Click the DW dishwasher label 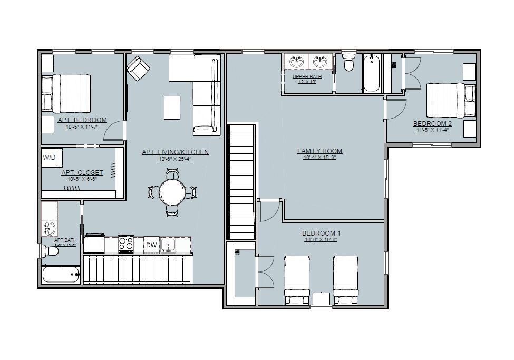pos(151,245)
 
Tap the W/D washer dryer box pos(50,157)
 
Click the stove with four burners pos(126,244)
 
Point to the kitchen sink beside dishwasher pos(168,245)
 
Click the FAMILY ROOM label pos(319,151)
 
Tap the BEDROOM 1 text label pos(321,233)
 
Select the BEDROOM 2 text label pos(432,124)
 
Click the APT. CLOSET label pos(82,172)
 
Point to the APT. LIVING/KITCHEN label pos(175,152)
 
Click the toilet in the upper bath pos(348,63)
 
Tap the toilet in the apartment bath pos(51,251)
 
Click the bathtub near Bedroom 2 pos(371,73)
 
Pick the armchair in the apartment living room pos(138,68)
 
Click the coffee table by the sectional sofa pos(172,108)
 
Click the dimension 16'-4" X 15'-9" pos(319,158)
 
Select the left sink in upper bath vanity pos(295,62)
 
